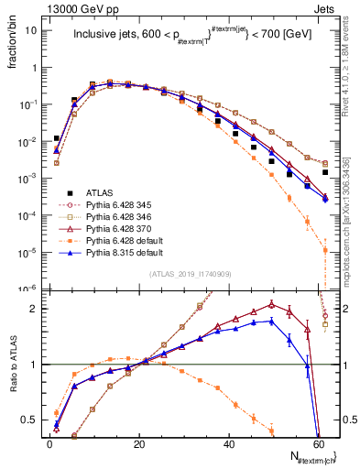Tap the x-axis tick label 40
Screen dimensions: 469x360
(x=228, y=442)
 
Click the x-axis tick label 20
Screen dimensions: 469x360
(x=138, y=442)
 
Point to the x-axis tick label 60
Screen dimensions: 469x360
(x=318, y=442)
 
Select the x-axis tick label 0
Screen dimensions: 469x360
(x=49, y=442)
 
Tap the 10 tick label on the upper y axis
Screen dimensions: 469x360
(x=31, y=31)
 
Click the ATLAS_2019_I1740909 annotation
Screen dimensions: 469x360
(x=189, y=275)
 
